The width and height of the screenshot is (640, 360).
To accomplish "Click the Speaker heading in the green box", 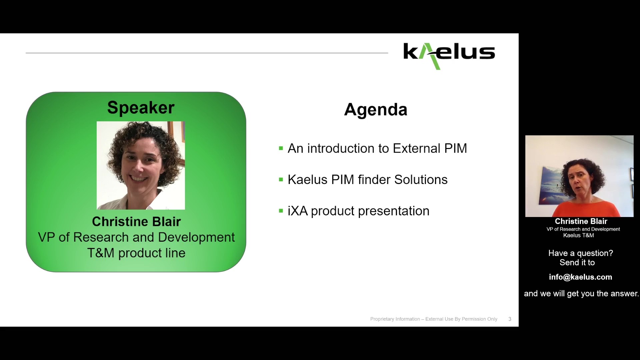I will (x=141, y=108).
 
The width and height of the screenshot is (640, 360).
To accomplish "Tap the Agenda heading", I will (x=375, y=109).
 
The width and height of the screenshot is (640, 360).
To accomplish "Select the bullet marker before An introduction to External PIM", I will (x=281, y=148).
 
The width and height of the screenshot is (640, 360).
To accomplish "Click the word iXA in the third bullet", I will (x=297, y=211).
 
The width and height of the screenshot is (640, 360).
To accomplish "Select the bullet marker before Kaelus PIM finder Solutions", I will (x=281, y=180).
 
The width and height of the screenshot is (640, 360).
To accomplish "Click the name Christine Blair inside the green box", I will (x=136, y=222).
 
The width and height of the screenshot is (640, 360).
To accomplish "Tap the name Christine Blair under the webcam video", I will (x=581, y=221).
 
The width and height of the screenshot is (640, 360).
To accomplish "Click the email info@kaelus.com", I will (x=580, y=277).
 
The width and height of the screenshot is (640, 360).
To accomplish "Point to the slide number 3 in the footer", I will (x=510, y=319).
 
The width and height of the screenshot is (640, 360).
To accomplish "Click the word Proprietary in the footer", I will (x=382, y=319).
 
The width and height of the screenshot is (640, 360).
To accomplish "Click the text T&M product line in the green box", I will (x=136, y=253).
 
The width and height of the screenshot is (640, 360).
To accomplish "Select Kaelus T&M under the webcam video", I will (x=578, y=235).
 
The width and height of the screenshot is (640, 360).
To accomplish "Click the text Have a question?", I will (x=580, y=253).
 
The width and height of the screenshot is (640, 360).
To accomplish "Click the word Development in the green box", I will (x=196, y=237).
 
